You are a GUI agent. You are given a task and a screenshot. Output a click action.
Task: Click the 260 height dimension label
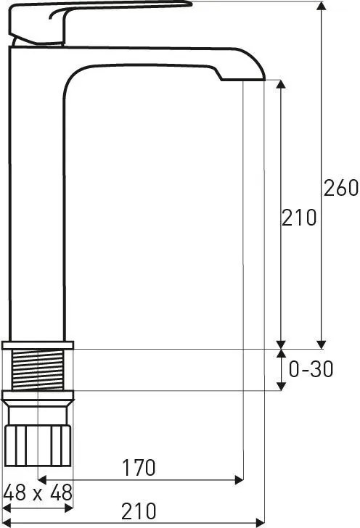coord(341,188)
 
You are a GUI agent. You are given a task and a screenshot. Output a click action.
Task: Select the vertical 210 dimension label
coord(299,217)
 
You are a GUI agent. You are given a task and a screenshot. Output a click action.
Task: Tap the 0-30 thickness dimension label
coord(311,368)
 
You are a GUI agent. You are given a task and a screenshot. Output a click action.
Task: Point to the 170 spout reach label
coord(139,467)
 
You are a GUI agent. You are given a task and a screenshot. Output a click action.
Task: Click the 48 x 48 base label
coord(38,492)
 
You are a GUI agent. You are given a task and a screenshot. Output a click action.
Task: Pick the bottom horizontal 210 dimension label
coord(139,511)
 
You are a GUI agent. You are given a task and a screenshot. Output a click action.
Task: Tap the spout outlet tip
coord(242,80)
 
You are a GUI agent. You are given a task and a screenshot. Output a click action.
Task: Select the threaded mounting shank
coord(38,370)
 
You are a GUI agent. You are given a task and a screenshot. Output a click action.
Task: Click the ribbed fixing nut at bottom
coord(38,445)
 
